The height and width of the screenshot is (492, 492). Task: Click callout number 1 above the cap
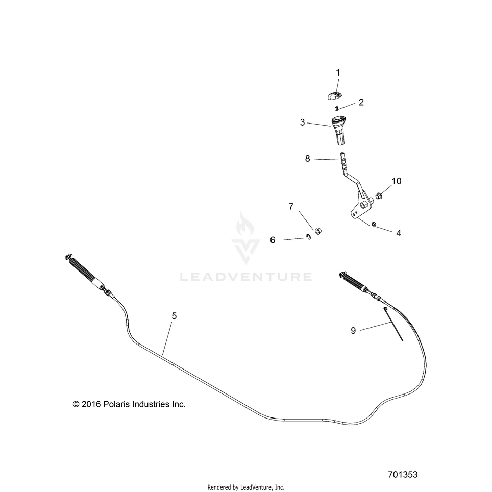tap(338, 72)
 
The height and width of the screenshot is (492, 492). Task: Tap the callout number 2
tap(361, 102)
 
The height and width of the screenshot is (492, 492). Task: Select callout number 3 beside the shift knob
tap(302, 122)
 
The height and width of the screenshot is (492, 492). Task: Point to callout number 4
tap(399, 233)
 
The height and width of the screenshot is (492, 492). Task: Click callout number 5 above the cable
tap(174, 315)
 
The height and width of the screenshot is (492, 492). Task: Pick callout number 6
tap(273, 240)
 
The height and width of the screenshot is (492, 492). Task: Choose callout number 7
tap(291, 207)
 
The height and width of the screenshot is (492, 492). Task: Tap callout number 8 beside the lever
tap(307, 158)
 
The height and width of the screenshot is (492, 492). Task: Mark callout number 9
tap(353, 330)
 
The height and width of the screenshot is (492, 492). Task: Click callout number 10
tap(396, 181)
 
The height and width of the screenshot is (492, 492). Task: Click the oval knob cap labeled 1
tap(334, 95)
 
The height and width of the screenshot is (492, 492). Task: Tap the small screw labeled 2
tap(337, 108)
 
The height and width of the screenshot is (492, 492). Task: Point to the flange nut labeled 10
tap(379, 196)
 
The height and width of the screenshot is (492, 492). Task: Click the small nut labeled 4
tap(374, 224)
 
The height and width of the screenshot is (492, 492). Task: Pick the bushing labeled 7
tap(318, 232)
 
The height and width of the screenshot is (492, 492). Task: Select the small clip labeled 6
tap(308, 237)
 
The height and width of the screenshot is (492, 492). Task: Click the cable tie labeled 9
tap(392, 324)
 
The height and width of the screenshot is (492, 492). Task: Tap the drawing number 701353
tap(403, 475)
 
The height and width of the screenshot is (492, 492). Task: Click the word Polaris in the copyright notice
tap(116, 404)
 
